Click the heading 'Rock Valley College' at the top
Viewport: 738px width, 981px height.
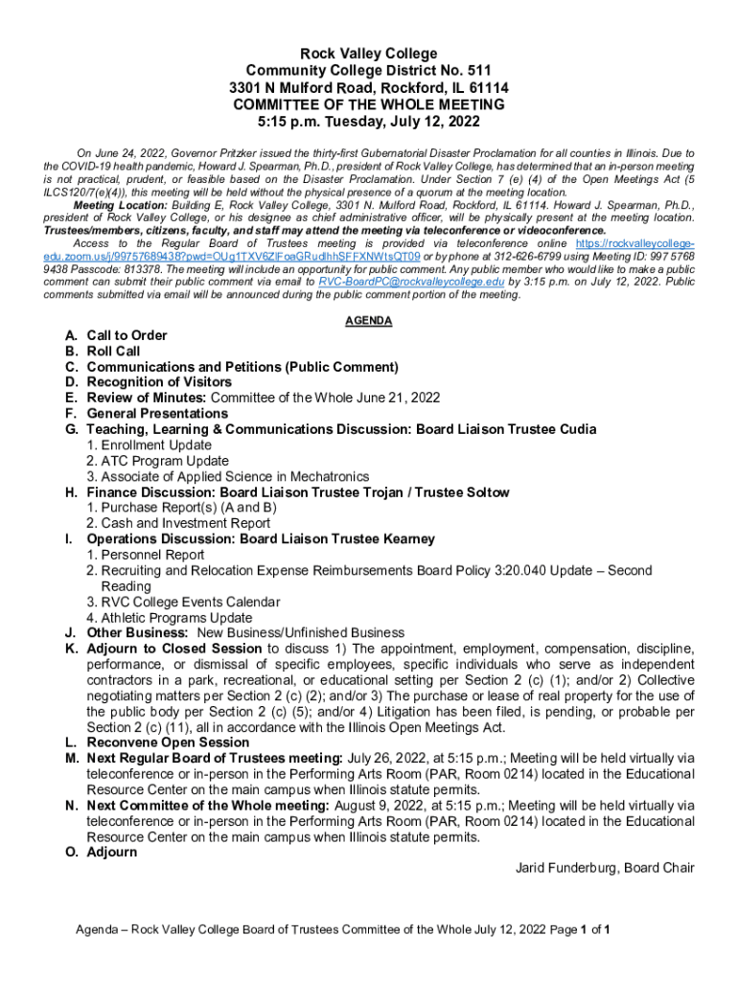(369, 54)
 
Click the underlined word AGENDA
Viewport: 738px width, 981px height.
(369, 321)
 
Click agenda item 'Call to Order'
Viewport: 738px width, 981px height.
(127, 335)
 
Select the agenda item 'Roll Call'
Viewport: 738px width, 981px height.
(113, 352)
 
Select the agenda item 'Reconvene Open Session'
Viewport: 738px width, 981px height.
(168, 742)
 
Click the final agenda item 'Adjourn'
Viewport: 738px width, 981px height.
(111, 852)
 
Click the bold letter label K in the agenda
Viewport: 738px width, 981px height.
(71, 649)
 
